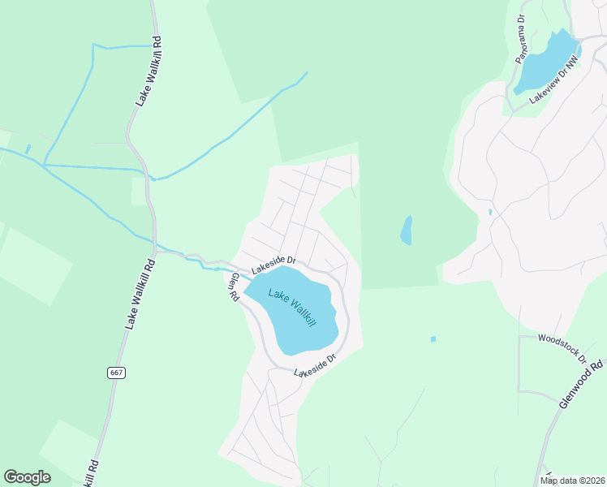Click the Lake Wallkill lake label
pyautogui.click(x=291, y=308)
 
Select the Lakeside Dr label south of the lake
pyautogui.click(x=315, y=367)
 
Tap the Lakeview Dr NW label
pyautogui.click(x=556, y=79)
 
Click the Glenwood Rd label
pyautogui.click(x=582, y=384)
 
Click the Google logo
pyautogui.click(x=27, y=477)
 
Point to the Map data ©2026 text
pyautogui.click(x=572, y=481)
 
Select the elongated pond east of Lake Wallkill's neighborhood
pyautogui.click(x=407, y=230)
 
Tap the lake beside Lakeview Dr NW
pyautogui.click(x=545, y=62)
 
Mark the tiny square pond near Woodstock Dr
pyautogui.click(x=433, y=338)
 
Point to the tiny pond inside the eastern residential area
pyautogui.click(x=489, y=213)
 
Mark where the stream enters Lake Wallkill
pyautogui.click(x=244, y=277)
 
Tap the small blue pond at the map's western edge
pyautogui.click(x=28, y=149)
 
